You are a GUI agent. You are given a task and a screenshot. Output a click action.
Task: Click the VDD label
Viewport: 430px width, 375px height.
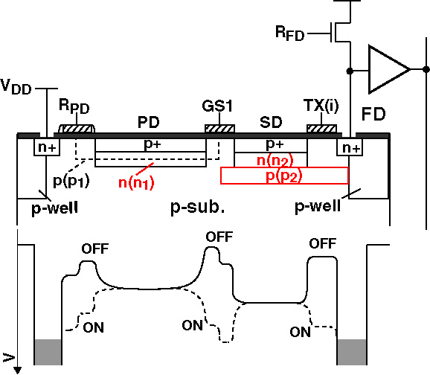16,87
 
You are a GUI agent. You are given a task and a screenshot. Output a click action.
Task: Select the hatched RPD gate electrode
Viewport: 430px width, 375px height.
77,129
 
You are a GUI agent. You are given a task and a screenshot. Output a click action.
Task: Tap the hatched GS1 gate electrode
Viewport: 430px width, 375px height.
219,129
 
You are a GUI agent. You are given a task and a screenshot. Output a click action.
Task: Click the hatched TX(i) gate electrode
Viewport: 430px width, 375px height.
321,129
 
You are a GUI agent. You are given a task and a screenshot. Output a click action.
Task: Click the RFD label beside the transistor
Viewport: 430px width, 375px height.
290,33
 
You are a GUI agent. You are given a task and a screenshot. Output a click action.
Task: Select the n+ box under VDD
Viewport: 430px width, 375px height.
47,147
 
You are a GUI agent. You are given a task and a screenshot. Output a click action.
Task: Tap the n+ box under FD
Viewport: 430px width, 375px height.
350,147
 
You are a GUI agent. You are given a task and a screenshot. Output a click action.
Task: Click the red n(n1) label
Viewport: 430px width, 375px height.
136,183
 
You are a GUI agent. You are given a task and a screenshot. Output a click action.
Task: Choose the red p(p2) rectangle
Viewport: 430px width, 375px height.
285,176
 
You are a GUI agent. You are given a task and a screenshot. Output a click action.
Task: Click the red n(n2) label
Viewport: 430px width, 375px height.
275,161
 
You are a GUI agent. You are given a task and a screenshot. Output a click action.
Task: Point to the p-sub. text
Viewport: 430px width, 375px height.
197,208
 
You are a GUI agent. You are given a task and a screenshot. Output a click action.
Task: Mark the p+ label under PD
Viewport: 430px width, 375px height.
153,144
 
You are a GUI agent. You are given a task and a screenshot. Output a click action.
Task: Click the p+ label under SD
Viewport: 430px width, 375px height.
275,144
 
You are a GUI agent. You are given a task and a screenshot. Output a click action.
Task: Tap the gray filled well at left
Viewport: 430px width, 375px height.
48,352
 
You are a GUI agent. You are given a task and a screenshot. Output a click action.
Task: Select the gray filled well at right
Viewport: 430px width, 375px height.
352,352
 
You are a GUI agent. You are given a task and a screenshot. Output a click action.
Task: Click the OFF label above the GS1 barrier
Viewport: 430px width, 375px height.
219,237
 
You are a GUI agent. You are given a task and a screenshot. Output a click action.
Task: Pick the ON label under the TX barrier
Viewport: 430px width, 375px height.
301,332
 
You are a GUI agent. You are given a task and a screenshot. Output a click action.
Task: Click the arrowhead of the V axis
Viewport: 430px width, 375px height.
17,371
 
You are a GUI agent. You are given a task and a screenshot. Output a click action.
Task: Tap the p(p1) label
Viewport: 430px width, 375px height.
71,182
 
